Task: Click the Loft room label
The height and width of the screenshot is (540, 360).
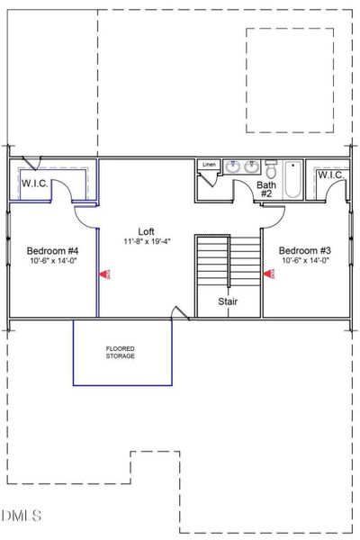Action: click(x=146, y=231)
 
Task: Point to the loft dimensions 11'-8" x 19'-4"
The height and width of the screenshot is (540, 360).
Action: click(x=146, y=242)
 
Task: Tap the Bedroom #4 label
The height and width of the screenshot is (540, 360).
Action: click(x=52, y=250)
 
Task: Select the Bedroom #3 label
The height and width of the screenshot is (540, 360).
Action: click(x=305, y=250)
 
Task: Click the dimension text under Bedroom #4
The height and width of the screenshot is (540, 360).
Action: click(x=52, y=261)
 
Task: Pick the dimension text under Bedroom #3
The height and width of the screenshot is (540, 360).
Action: click(x=305, y=261)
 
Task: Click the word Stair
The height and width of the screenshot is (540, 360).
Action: click(x=229, y=302)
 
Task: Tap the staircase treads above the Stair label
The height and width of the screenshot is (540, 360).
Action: click(x=229, y=261)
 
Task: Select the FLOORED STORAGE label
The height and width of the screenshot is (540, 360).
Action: click(x=121, y=352)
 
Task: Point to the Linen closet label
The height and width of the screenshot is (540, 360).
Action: click(x=209, y=165)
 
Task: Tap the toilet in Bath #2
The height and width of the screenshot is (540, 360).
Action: click(x=270, y=167)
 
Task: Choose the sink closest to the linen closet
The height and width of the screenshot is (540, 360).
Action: click(x=233, y=166)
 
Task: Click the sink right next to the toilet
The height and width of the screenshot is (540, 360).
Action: click(x=252, y=166)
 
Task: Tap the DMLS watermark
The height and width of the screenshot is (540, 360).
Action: click(x=22, y=516)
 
